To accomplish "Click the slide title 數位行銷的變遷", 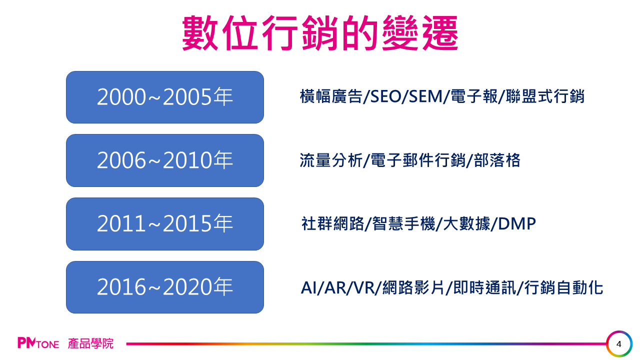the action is click(320, 33).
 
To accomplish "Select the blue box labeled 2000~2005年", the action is click(165, 97).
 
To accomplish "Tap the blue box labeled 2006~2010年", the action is click(165, 160).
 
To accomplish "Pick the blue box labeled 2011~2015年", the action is click(165, 224).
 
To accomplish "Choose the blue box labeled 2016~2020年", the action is click(165, 287).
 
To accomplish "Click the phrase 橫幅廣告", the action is click(331, 96).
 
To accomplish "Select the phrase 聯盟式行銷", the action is click(545, 96).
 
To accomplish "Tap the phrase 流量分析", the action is click(331, 160).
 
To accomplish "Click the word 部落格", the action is click(497, 160).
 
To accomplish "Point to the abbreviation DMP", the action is click(517, 223).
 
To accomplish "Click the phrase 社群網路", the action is click(333, 223).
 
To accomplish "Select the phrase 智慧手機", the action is click(403, 223).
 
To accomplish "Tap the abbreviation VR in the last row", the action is click(364, 287).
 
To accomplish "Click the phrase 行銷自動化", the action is click(563, 287).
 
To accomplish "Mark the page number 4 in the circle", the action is click(619, 344).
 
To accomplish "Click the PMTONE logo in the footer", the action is click(38, 343).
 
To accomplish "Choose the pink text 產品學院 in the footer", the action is click(90, 343).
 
